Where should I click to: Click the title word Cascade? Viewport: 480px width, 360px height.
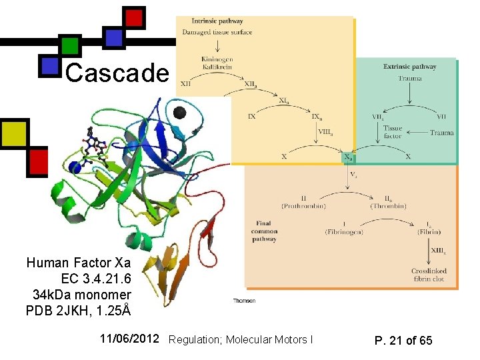coord(118,73)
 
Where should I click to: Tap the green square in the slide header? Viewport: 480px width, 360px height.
coord(71,45)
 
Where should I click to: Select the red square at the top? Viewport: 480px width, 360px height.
coord(135,17)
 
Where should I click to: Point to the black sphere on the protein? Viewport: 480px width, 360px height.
coord(179,113)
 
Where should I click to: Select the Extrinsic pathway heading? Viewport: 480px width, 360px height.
coord(409,67)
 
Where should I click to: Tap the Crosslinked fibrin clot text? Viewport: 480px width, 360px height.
coord(428,275)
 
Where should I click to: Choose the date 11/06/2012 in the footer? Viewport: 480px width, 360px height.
coord(129,339)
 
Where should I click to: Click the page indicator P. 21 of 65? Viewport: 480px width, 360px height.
coord(403,341)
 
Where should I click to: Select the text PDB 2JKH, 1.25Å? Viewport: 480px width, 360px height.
coord(78,311)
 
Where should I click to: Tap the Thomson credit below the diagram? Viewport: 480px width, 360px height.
coord(244,301)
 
